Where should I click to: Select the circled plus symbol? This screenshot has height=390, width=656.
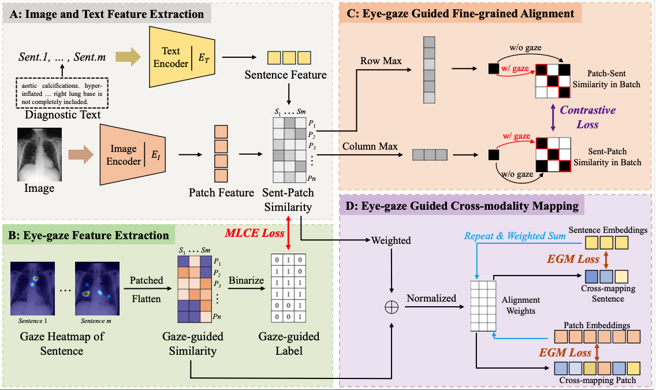(x=392, y=307)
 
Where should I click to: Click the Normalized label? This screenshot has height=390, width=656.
(x=431, y=298)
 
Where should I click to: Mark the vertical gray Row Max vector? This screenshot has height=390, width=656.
(x=428, y=70)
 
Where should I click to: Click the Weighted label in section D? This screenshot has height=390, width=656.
(x=391, y=240)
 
